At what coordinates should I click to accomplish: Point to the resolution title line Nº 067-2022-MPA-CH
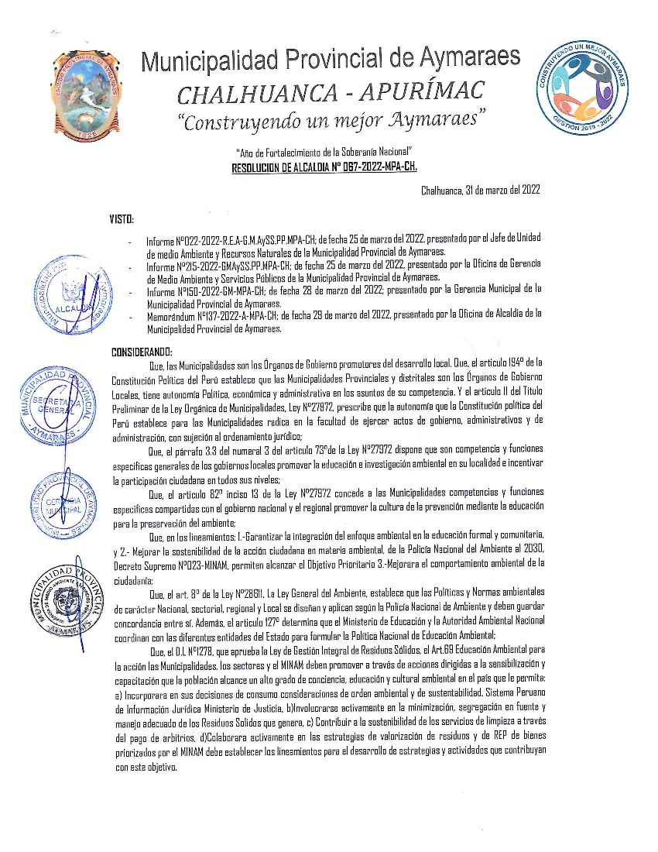pyautogui.click(x=324, y=166)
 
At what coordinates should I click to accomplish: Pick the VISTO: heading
pyautogui.click(x=122, y=219)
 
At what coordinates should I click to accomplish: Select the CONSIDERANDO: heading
pyautogui.click(x=142, y=352)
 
